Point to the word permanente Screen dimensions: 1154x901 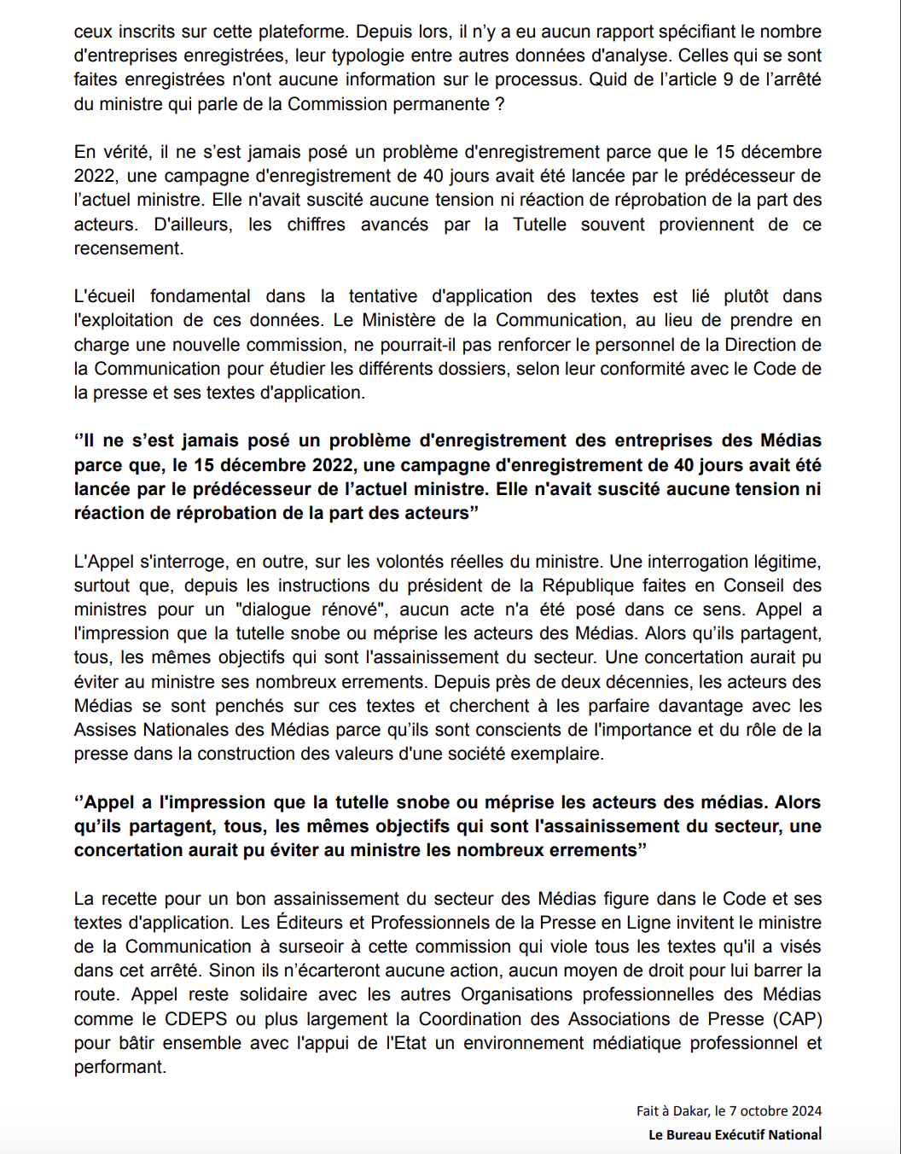pyautogui.click(x=442, y=104)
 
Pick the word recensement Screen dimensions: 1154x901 pyautogui.click(x=127, y=248)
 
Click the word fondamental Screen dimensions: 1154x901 pyautogui.click(x=200, y=296)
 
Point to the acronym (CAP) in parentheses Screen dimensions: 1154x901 pyautogui.click(x=798, y=1019)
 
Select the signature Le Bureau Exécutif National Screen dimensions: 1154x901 pyautogui.click(x=735, y=1134)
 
